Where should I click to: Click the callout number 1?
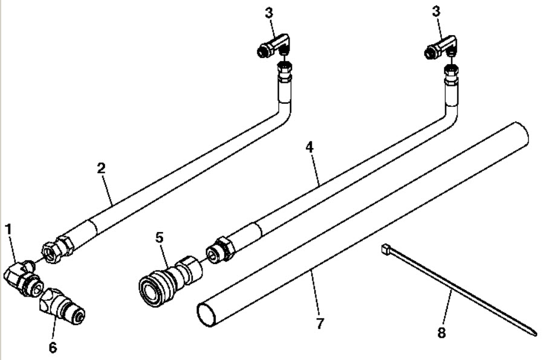(8, 230)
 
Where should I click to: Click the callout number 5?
(159, 237)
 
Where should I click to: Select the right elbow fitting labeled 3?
(442, 46)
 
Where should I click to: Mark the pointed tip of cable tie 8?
(535, 332)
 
